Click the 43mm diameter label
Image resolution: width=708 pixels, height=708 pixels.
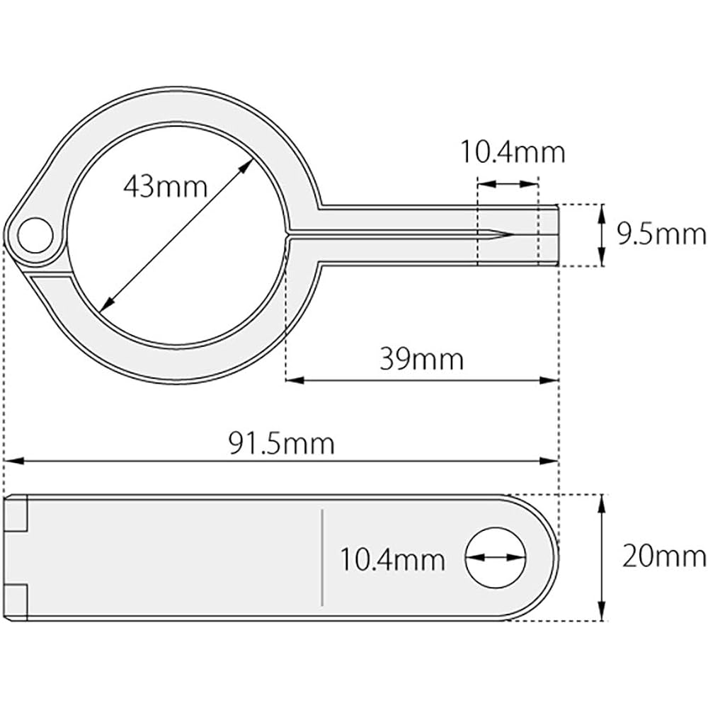tap(165, 187)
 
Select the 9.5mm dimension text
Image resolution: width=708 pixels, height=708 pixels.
tap(661, 234)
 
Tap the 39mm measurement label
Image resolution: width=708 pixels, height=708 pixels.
tap(421, 359)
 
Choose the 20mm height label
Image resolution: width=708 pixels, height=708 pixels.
tap(663, 556)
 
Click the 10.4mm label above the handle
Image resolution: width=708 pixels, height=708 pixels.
tap(513, 152)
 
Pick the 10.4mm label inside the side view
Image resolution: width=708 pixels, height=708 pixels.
tap(392, 560)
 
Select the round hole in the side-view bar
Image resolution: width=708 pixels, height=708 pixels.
tap(496, 558)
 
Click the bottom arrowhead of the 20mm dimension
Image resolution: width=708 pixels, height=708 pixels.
tap(602, 614)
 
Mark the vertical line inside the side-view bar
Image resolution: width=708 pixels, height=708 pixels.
tap(322, 557)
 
